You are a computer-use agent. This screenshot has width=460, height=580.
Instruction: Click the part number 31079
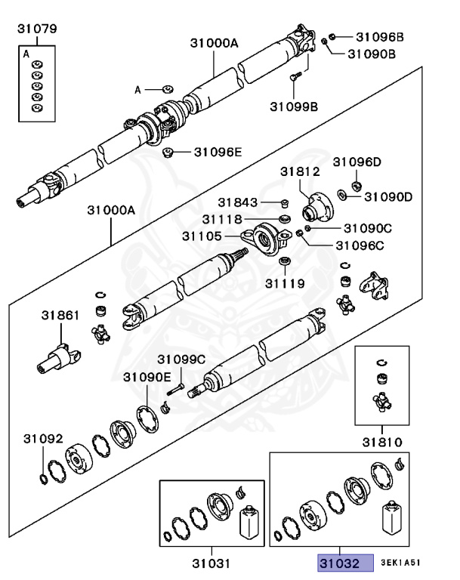coord(37,30)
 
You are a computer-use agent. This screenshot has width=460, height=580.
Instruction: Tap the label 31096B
coord(380,36)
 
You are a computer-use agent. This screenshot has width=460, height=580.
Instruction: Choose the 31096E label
coord(218,152)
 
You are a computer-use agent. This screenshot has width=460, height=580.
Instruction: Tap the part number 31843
coord(239,202)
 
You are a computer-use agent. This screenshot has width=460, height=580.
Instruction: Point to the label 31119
coord(285,284)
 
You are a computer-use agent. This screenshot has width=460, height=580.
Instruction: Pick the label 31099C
coord(181,359)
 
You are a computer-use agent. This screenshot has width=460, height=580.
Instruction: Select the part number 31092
coord(42,439)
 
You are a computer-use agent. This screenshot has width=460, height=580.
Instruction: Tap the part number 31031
coord(210,563)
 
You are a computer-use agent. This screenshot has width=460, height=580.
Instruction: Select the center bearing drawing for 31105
coord(270,239)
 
